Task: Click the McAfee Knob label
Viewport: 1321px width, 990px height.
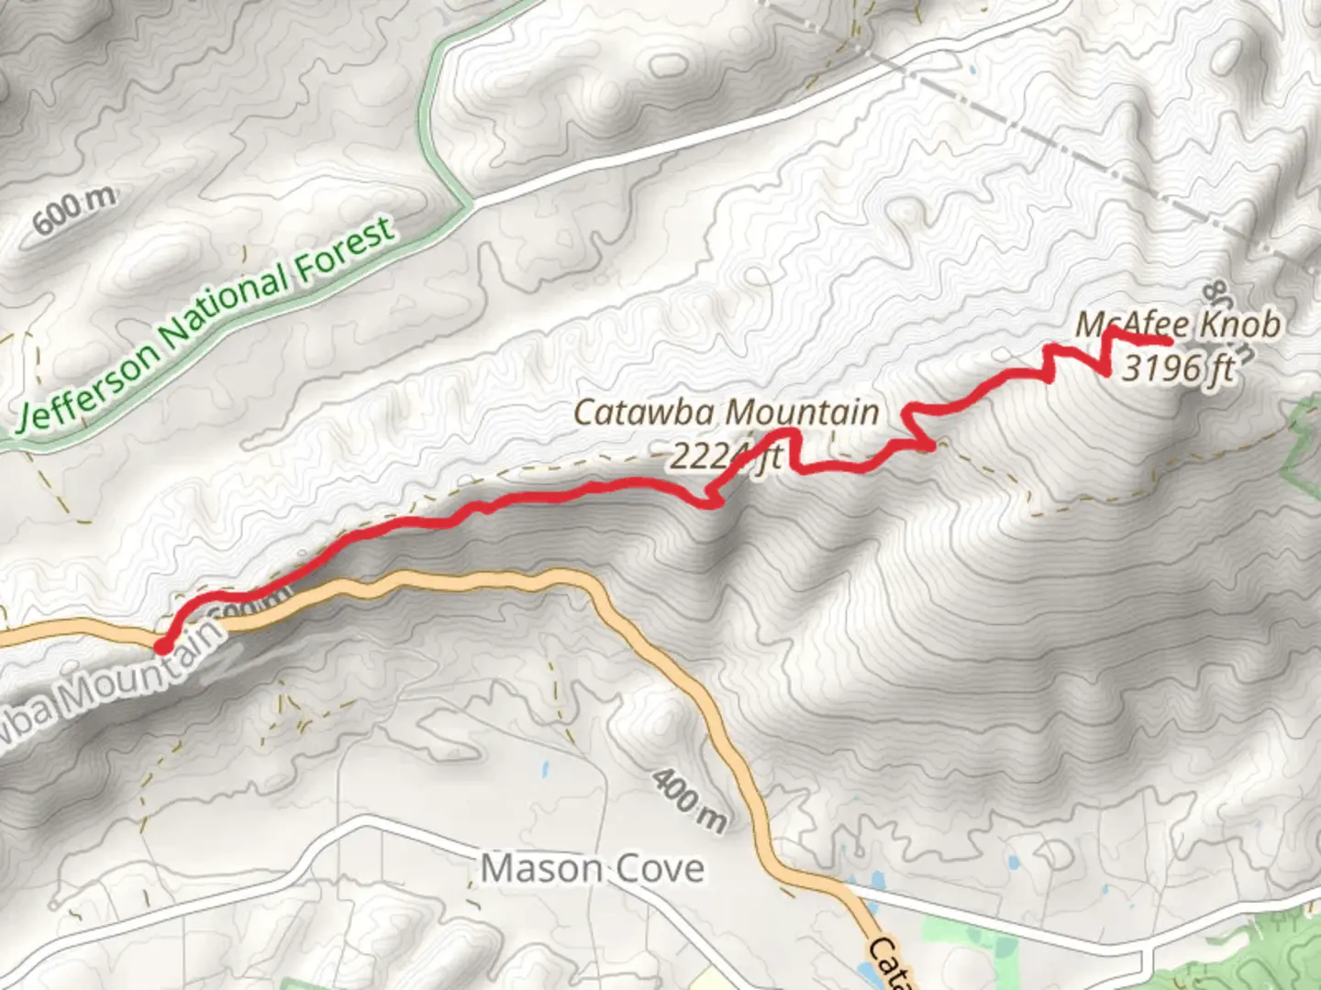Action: coord(1178,324)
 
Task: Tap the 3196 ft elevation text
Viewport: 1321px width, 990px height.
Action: coord(1178,368)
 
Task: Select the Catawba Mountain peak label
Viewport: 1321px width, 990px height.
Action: coord(726,412)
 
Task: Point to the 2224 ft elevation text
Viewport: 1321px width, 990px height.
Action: coord(725,456)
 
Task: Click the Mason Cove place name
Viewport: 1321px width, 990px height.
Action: coord(593,868)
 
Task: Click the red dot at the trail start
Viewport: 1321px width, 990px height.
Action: coord(162,646)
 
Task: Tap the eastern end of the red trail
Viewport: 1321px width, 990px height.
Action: coord(1169,342)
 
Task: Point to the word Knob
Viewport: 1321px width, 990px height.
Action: coord(1240,324)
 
